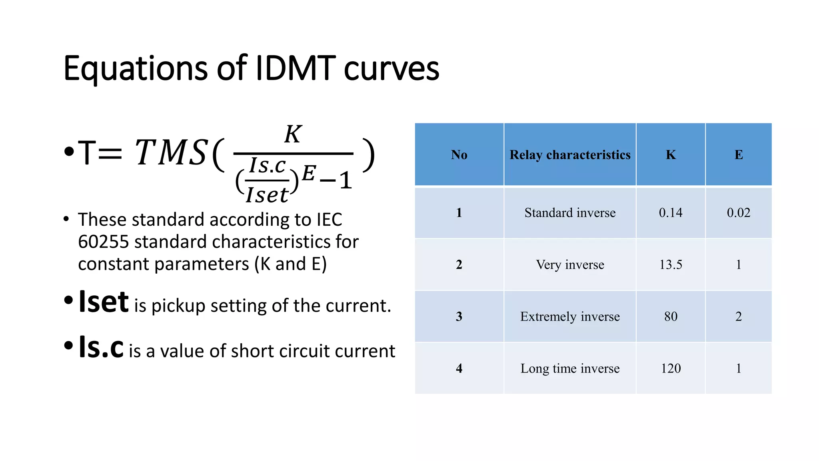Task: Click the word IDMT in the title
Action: [x=295, y=68]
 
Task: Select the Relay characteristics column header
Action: [x=570, y=155]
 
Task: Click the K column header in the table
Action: [x=671, y=155]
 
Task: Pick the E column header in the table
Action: [x=739, y=155]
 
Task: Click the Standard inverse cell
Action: [x=570, y=212]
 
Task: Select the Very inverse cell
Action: [x=570, y=265]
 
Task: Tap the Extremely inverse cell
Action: [x=570, y=317]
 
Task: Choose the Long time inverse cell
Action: [x=570, y=368]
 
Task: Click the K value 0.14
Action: [x=671, y=212]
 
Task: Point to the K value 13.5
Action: [x=671, y=265]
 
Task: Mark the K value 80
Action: [x=671, y=317]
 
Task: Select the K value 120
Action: [x=671, y=368]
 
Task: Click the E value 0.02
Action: [x=739, y=212]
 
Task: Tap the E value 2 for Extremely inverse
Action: [x=739, y=317]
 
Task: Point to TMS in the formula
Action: [x=171, y=152]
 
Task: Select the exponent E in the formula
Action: [x=309, y=173]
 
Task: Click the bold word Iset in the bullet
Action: [x=104, y=302]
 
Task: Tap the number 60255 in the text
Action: [x=103, y=242]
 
